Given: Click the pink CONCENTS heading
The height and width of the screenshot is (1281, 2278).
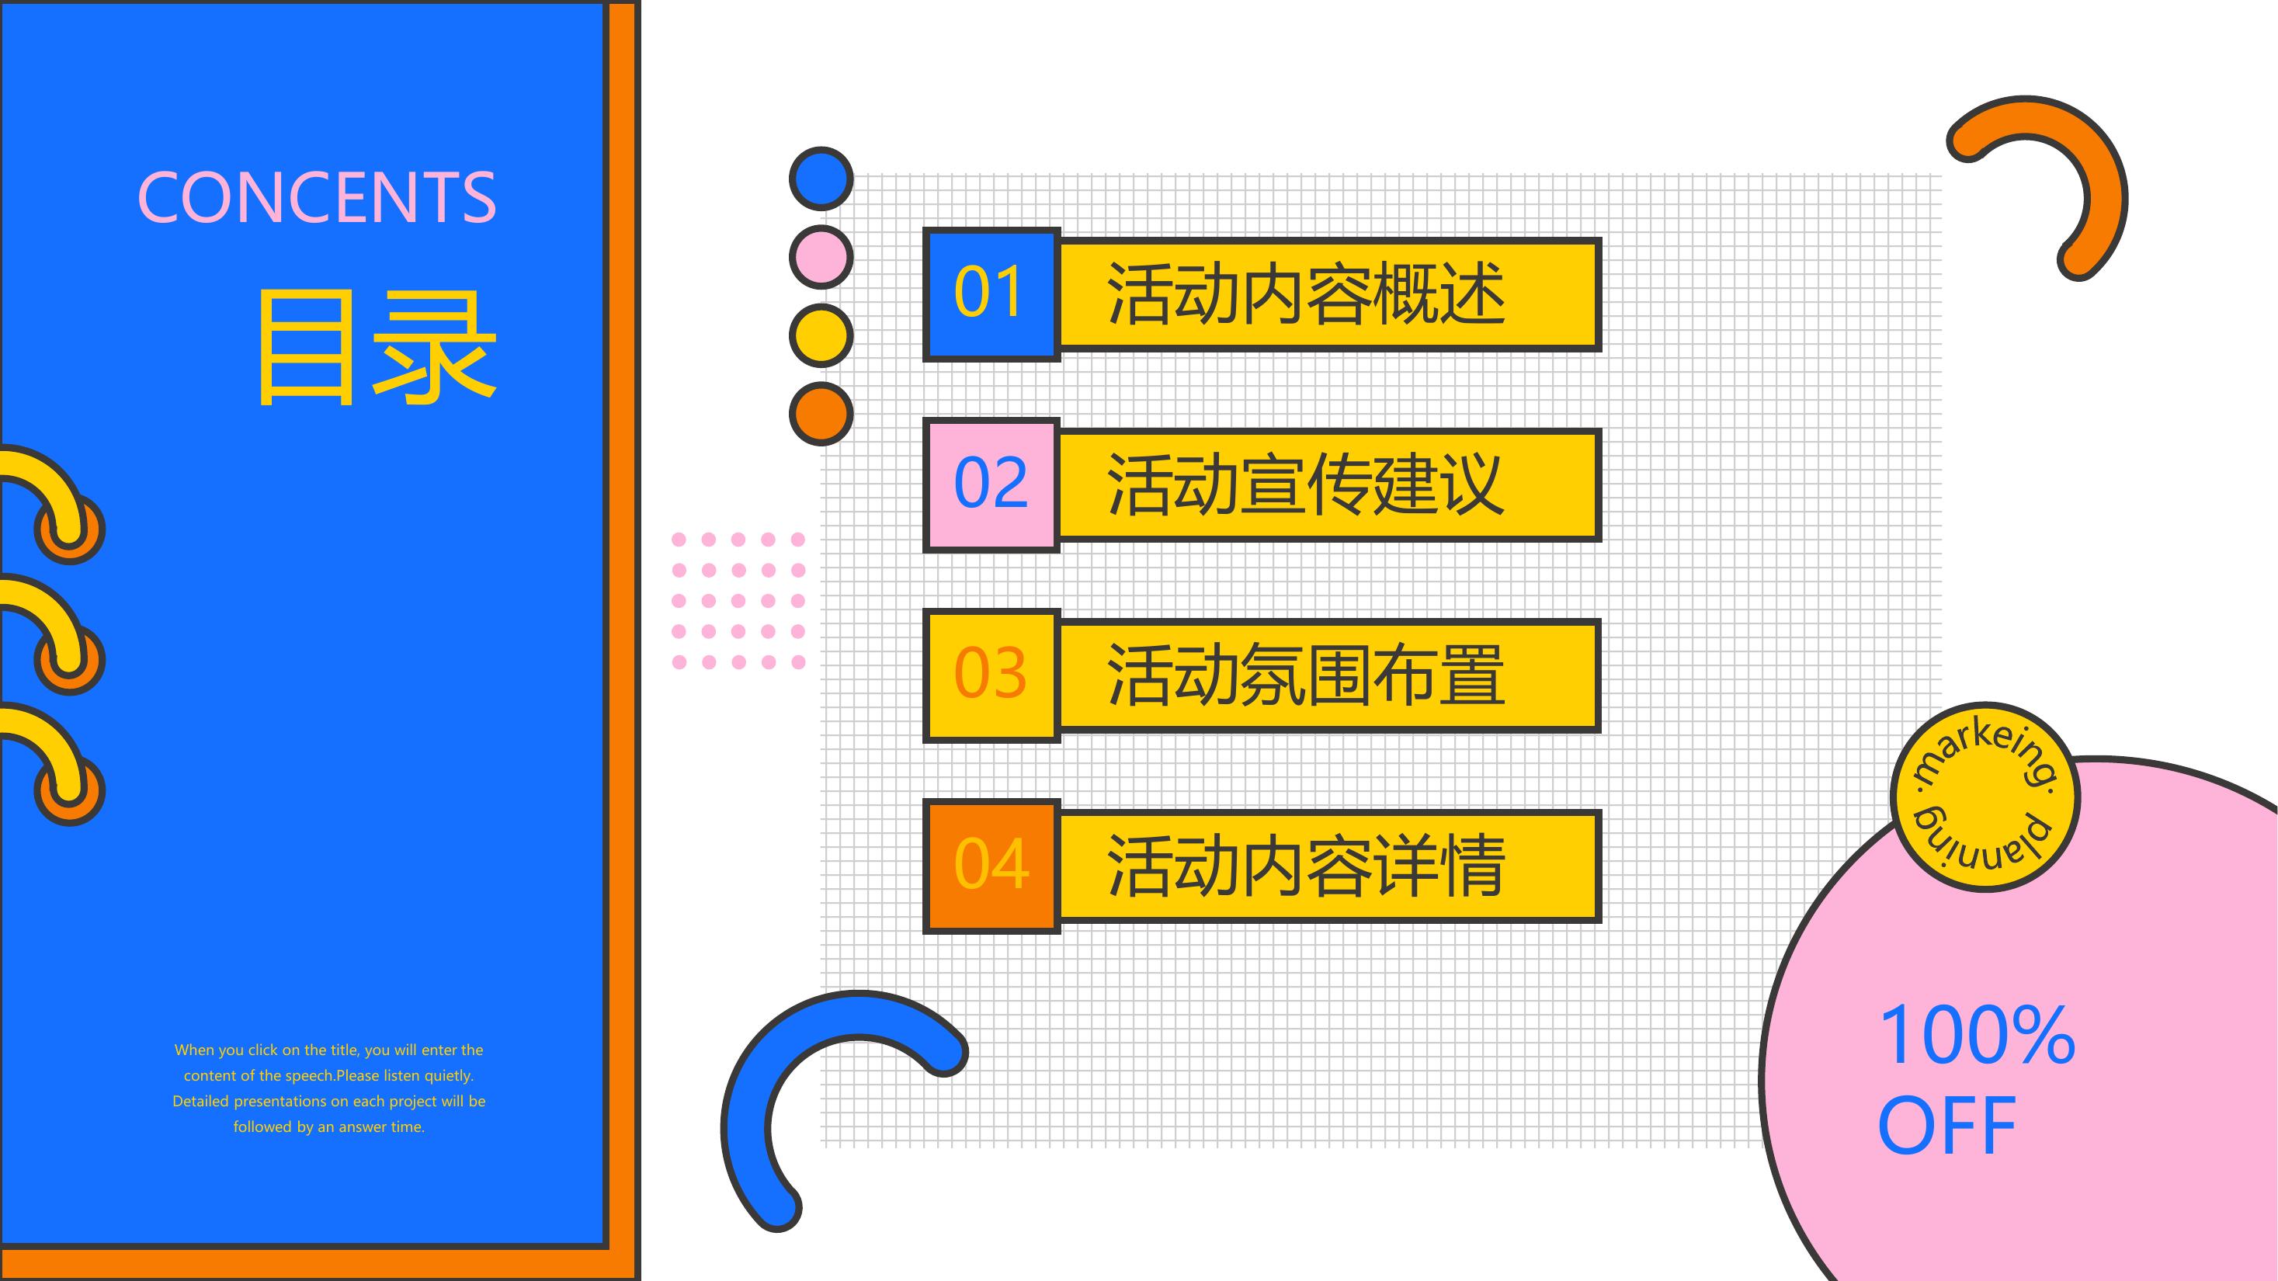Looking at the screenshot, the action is (x=317, y=197).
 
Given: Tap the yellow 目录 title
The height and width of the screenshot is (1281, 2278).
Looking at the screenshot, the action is (x=377, y=348).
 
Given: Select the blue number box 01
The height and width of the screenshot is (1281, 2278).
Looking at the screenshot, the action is (x=991, y=294).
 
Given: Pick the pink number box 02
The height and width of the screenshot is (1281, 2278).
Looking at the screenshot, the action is (x=991, y=484).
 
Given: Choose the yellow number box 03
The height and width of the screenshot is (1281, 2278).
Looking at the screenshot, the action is (x=991, y=675).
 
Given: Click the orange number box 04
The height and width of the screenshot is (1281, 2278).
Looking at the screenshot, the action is (x=991, y=866).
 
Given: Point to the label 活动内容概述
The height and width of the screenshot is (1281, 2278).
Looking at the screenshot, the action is (x=1305, y=294).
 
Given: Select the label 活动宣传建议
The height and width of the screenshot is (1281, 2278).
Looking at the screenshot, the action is (x=1305, y=484).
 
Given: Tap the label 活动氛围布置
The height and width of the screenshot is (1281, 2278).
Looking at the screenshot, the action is (x=1305, y=675).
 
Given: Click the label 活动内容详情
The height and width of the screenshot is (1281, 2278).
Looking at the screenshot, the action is (x=1305, y=866).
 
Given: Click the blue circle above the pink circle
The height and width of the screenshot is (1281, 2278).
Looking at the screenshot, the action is (x=821, y=179).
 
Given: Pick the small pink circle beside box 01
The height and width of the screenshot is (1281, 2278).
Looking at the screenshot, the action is (x=821, y=256).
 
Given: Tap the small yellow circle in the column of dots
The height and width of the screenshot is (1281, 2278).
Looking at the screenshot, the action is (x=821, y=335).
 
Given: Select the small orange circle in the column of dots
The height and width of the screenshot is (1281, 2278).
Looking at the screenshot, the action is (x=821, y=414).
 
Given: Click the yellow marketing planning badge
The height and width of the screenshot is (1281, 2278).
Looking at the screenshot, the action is (x=1985, y=797).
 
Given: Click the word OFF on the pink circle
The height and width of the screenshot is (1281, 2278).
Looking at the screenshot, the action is (x=1946, y=1126).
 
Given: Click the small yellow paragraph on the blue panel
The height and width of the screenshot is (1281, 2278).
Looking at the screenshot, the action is (x=329, y=1088).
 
